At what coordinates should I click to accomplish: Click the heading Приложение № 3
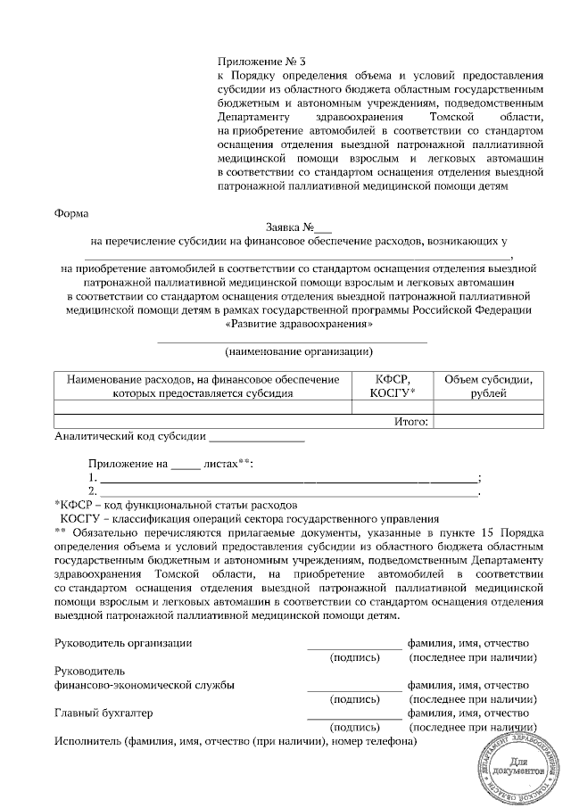[261, 62]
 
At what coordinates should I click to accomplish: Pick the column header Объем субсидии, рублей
[489, 386]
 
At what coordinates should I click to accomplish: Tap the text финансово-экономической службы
[145, 685]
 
